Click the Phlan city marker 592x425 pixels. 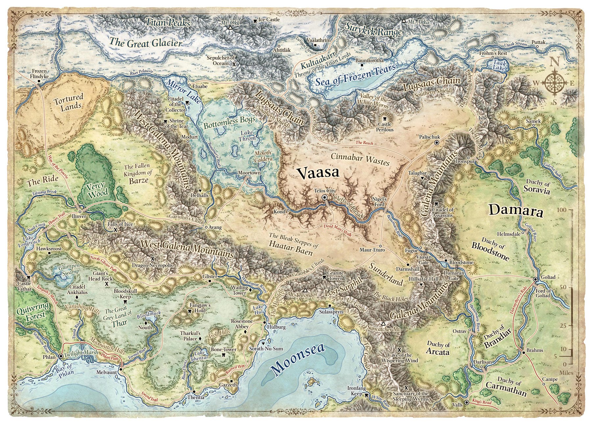61,356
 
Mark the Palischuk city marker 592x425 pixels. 436,143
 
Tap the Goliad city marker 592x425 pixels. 535,279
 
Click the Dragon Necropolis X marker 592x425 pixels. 153,259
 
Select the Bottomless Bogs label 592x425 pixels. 229,123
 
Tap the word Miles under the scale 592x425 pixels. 566,373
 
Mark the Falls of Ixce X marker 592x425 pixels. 115,230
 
